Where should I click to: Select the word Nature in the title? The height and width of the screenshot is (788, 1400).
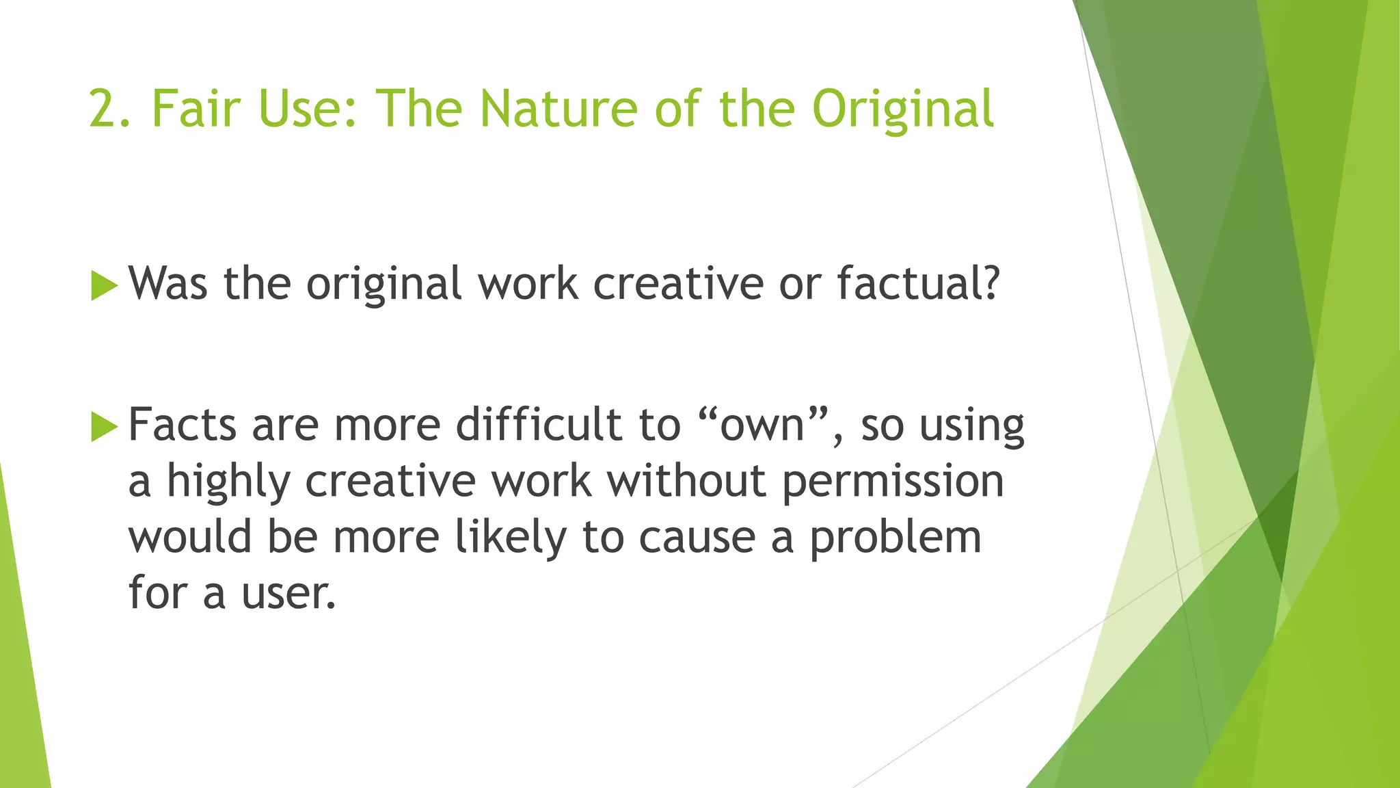point(559,109)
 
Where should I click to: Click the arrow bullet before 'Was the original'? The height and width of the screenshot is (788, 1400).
point(104,285)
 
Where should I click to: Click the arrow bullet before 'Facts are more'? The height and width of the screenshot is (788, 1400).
point(104,427)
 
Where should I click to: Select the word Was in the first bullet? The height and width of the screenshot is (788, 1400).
point(168,283)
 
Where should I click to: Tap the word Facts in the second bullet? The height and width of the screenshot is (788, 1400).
point(183,425)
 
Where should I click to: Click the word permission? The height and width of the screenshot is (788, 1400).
point(893,481)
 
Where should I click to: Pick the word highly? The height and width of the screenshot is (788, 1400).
point(228,482)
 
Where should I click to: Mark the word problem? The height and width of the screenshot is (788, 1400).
point(896,538)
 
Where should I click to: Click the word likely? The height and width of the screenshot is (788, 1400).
point(511,537)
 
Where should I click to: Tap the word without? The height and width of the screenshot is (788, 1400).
point(686,481)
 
